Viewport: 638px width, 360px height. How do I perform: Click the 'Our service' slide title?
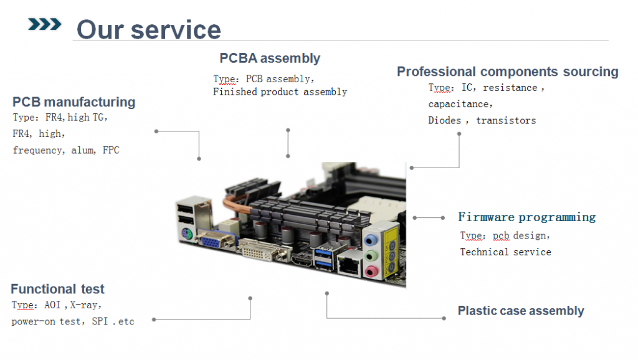[x=148, y=29]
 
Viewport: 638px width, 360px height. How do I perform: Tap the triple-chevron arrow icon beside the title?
[x=45, y=24]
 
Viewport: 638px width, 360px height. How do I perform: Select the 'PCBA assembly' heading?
[x=269, y=59]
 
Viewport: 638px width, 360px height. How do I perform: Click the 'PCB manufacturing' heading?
[x=74, y=102]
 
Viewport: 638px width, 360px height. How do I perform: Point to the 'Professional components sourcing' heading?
[x=507, y=72]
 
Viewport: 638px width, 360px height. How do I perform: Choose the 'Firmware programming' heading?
[x=526, y=217]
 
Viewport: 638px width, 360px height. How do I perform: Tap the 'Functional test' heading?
[x=57, y=289]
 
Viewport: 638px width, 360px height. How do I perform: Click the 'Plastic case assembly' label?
[x=520, y=311]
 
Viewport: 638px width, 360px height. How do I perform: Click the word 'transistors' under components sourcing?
[x=506, y=120]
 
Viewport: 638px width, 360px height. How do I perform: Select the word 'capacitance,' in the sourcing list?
[x=460, y=104]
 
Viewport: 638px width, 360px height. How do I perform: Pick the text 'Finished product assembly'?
[x=280, y=92]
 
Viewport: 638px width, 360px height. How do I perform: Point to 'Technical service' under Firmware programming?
[x=505, y=252]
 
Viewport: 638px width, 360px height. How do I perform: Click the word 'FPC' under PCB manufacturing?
[x=111, y=150]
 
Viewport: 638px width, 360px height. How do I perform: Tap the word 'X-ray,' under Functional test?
[x=85, y=305]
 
